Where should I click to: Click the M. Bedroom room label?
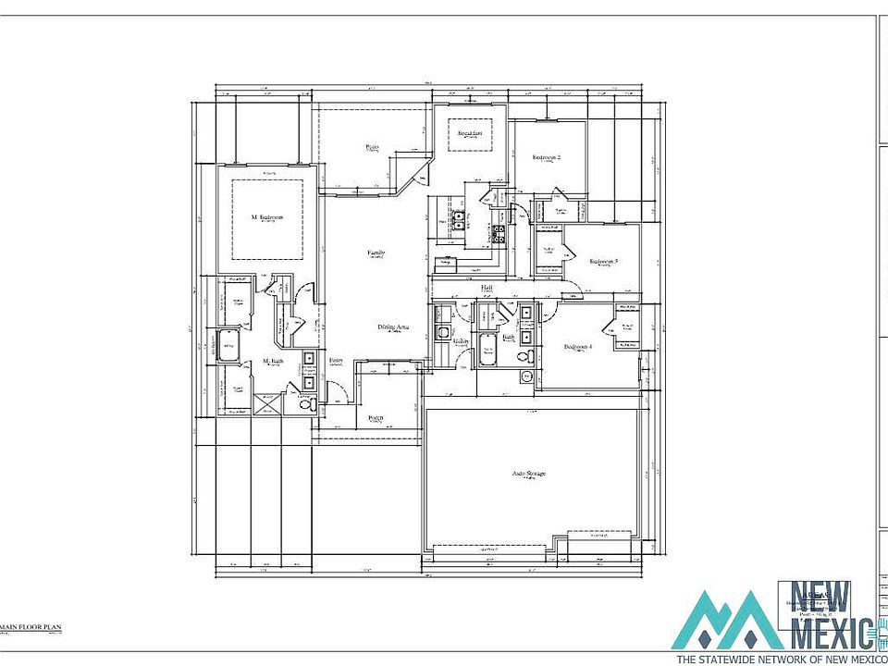point(266,217)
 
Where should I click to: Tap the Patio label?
point(373,146)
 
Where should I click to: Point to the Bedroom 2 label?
point(546,157)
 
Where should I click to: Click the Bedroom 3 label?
point(603,261)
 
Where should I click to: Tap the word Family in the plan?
point(376,253)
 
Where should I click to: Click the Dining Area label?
point(394,327)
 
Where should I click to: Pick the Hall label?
point(487,288)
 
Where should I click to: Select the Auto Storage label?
point(529,474)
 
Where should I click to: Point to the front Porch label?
point(376,418)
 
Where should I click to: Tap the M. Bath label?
point(273,361)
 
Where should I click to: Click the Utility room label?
point(460,340)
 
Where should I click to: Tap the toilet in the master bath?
point(309,402)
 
